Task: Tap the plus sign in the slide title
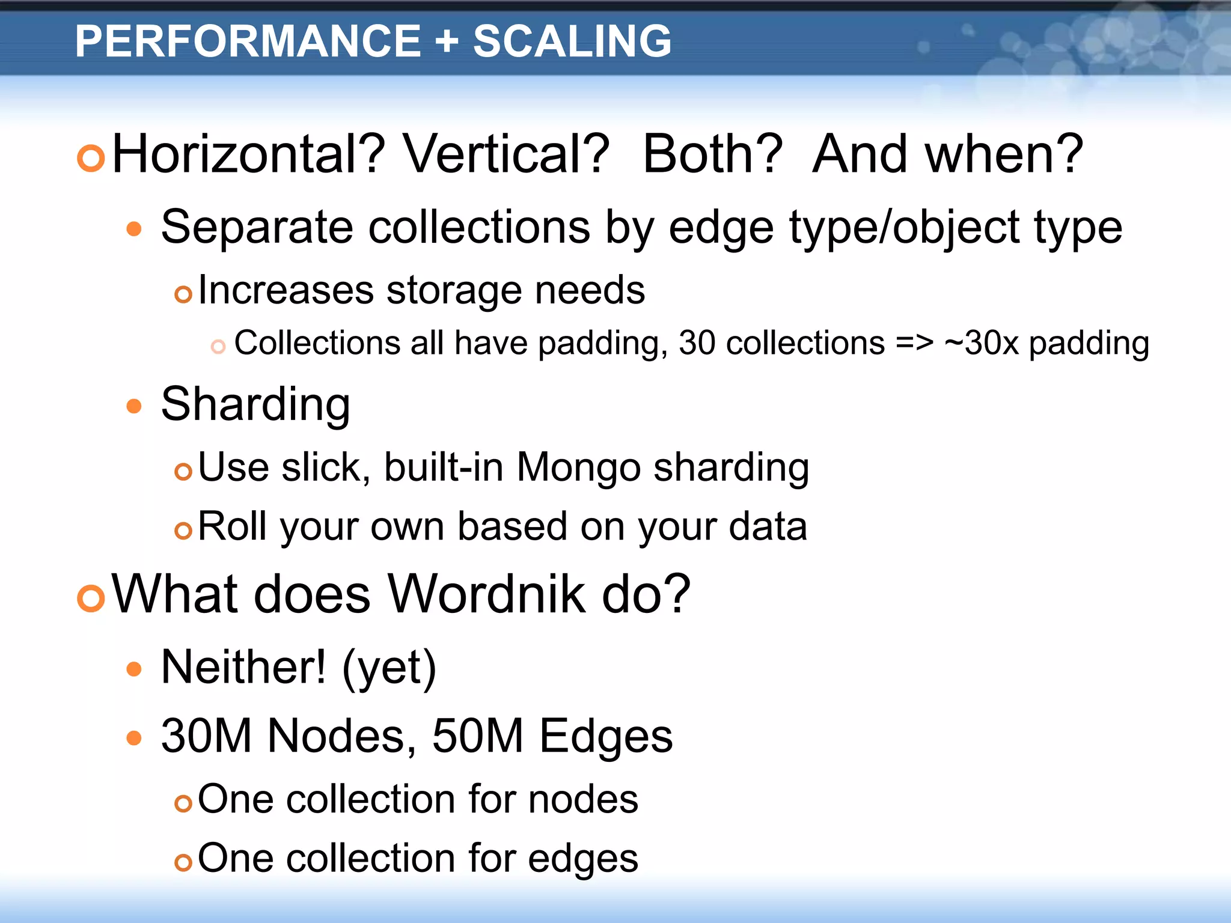[446, 42]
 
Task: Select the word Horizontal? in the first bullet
[248, 154]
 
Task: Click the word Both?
[712, 154]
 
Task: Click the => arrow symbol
[914, 344]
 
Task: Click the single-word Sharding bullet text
[255, 404]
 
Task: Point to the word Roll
[232, 526]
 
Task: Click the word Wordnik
[487, 594]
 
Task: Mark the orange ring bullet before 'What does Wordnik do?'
[91, 598]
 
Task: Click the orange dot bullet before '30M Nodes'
[134, 737]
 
